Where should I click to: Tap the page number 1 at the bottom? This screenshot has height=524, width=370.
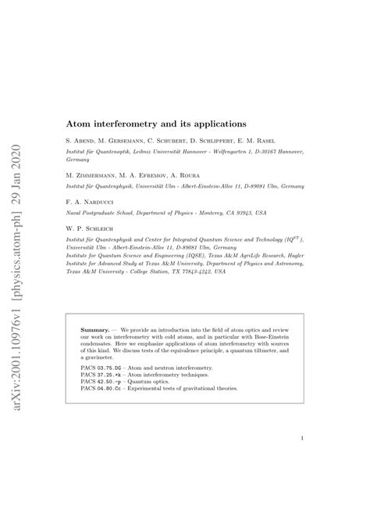point(301,439)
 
